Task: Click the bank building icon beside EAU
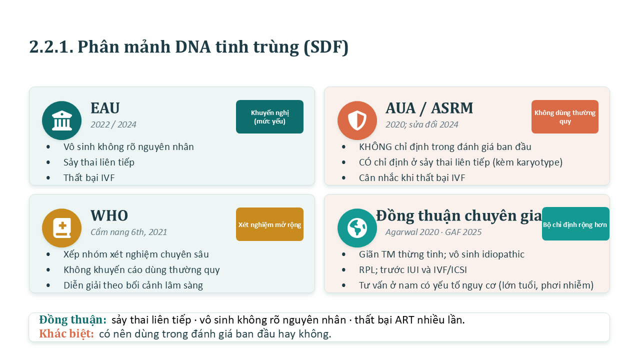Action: (61, 120)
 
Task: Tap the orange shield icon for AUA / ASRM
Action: (357, 120)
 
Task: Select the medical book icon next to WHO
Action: (61, 228)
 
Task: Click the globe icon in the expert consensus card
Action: (357, 228)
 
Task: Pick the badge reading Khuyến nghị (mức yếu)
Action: (269, 116)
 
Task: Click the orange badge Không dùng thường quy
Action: (565, 116)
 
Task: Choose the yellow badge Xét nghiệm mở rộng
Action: (269, 224)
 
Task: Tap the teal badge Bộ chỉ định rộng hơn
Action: (575, 223)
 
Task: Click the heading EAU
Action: (105, 108)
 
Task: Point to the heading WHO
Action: (109, 215)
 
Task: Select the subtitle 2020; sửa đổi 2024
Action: (421, 124)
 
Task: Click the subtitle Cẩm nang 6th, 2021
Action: (129, 232)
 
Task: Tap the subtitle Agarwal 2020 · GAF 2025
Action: (433, 232)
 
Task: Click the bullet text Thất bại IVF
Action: (89, 177)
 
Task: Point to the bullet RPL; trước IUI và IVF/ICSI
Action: (413, 269)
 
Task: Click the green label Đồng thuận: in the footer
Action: (73, 319)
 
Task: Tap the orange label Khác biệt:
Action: (66, 333)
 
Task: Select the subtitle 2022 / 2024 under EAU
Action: (113, 124)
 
